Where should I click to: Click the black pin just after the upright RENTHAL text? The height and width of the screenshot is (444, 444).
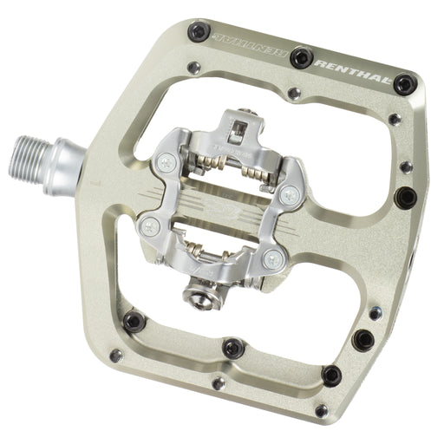405,85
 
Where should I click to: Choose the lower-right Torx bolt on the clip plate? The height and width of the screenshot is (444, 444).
273,258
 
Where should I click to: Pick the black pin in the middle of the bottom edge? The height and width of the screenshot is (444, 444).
232,347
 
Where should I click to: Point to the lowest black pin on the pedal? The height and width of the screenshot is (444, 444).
330,375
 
